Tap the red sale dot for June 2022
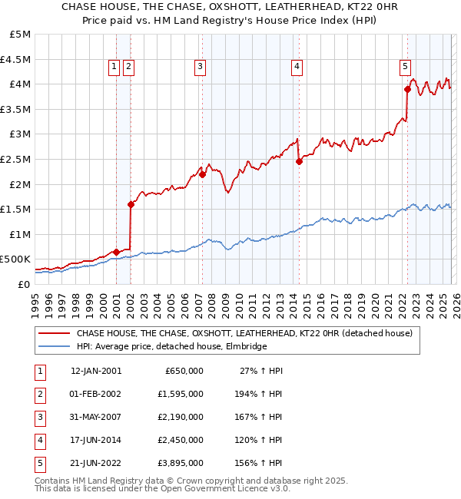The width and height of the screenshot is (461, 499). coord(408,90)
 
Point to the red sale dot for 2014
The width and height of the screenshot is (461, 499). coord(299,161)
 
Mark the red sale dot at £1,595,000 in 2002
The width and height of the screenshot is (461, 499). coord(131,204)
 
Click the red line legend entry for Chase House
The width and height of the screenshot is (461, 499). coord(245,333)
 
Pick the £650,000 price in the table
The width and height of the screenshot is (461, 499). coord(184,371)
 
